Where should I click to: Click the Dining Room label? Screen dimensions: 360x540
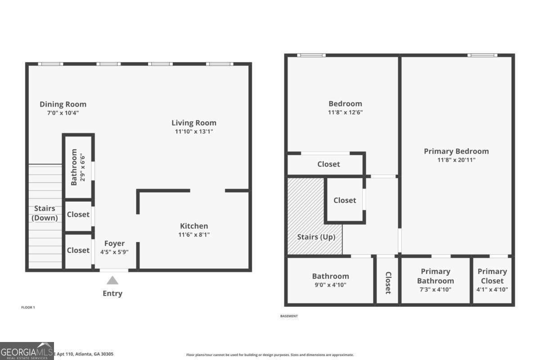(x=63, y=104)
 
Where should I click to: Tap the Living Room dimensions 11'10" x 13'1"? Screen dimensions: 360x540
(x=194, y=131)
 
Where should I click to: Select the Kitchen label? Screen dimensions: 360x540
(x=194, y=226)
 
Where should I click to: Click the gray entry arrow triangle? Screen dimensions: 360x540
(x=112, y=280)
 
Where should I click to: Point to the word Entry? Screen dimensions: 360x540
(x=112, y=293)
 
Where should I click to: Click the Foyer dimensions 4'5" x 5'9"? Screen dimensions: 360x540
(x=114, y=252)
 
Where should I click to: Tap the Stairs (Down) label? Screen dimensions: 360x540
(x=45, y=213)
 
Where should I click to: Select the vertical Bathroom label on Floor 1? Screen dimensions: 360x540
(x=74, y=167)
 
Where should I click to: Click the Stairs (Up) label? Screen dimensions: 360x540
(x=316, y=237)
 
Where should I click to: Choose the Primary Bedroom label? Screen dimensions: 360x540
(x=456, y=151)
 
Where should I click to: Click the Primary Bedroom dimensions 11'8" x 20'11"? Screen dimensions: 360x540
(x=456, y=160)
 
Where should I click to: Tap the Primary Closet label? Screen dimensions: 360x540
(x=492, y=276)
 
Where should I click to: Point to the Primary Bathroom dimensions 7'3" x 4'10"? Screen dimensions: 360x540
(x=435, y=290)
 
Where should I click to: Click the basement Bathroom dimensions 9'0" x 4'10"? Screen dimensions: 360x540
(x=330, y=285)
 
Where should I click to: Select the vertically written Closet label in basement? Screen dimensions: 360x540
(x=387, y=283)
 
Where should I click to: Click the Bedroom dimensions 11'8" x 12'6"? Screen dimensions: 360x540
(x=345, y=112)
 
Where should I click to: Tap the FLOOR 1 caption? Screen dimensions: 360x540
(x=28, y=307)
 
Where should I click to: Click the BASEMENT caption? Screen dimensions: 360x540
(x=289, y=316)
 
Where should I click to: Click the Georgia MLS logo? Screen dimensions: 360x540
(x=27, y=351)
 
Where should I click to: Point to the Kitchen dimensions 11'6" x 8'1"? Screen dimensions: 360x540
(x=194, y=234)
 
